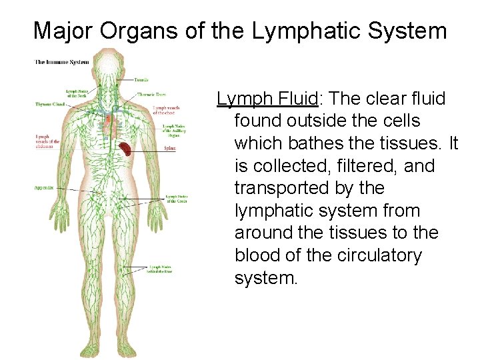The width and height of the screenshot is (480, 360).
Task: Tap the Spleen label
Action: pyautogui.click(x=169, y=149)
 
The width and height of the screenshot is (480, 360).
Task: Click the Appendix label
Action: pyautogui.click(x=44, y=189)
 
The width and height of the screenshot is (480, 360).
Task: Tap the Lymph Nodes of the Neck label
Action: pyautogui.click(x=75, y=93)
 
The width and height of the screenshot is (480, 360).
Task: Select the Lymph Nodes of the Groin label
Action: pyautogui.click(x=177, y=198)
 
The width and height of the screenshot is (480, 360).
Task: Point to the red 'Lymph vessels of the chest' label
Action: pyautogui.click(x=165, y=110)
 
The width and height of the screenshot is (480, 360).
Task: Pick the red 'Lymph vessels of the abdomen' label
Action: pyautogui.click(x=47, y=141)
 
